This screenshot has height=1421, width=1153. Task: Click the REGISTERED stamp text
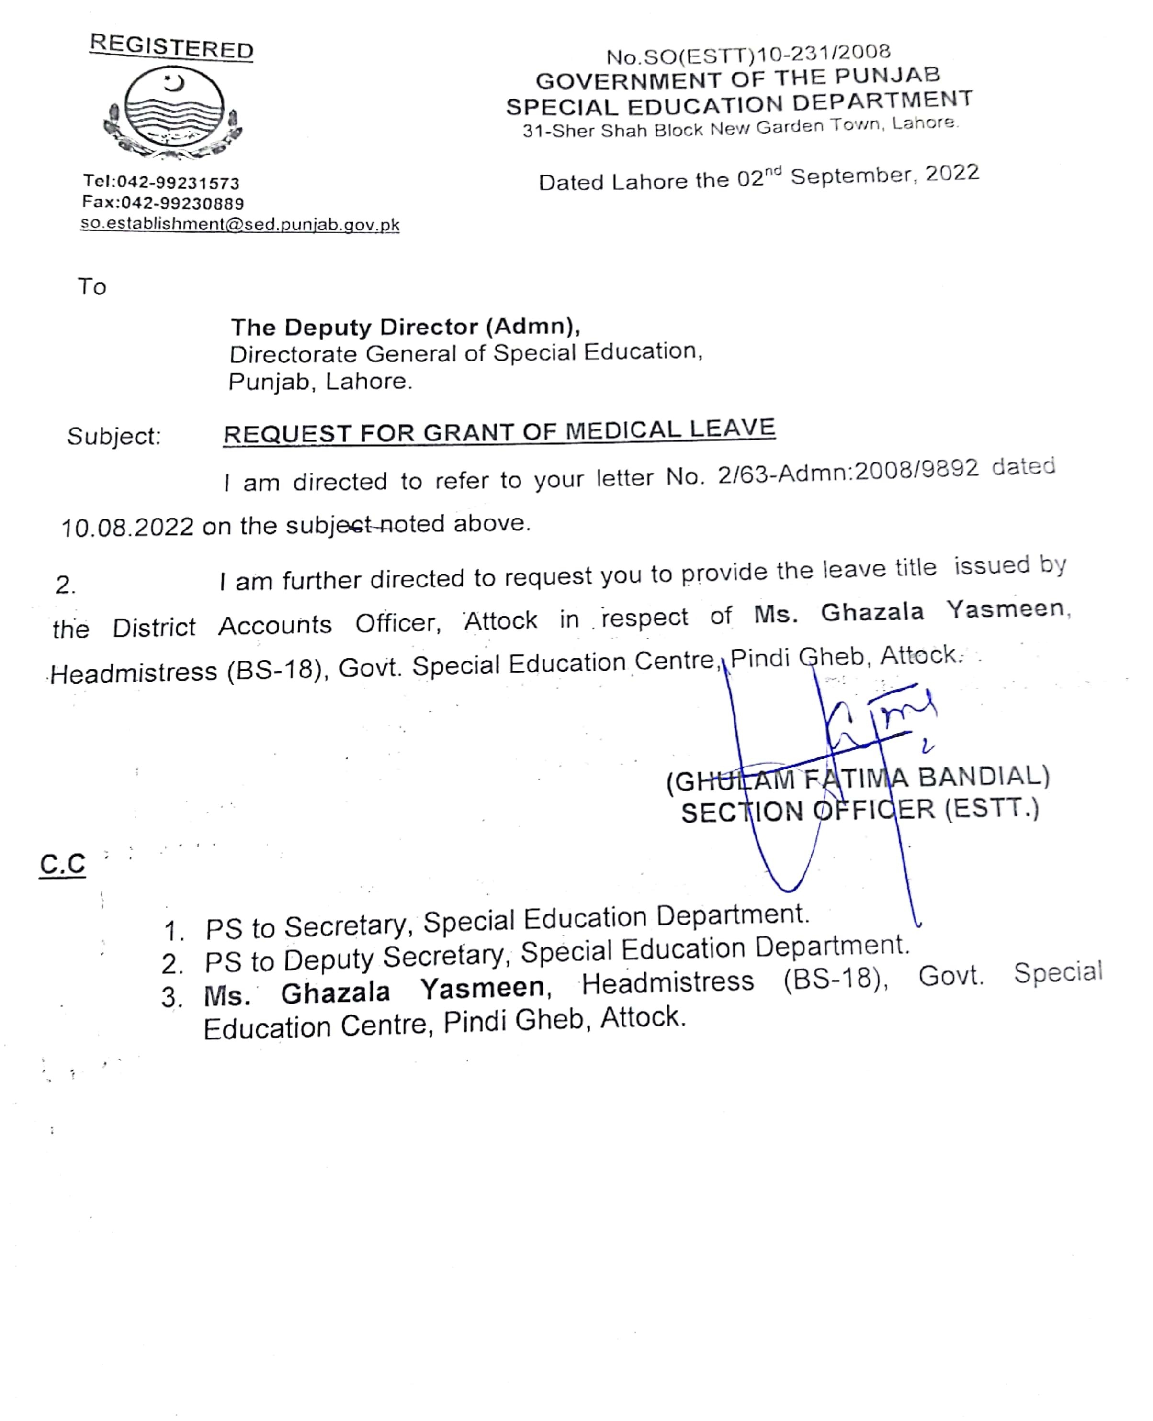tap(171, 46)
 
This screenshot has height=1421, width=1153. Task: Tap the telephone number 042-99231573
tap(178, 182)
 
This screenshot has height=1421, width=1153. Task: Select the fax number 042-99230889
tap(182, 203)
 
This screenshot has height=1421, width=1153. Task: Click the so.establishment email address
tap(240, 225)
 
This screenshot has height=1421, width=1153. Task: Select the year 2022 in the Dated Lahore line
tap(952, 173)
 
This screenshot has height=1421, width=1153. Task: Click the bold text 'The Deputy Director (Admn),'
tap(405, 327)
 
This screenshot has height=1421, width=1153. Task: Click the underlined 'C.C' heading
tap(62, 864)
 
